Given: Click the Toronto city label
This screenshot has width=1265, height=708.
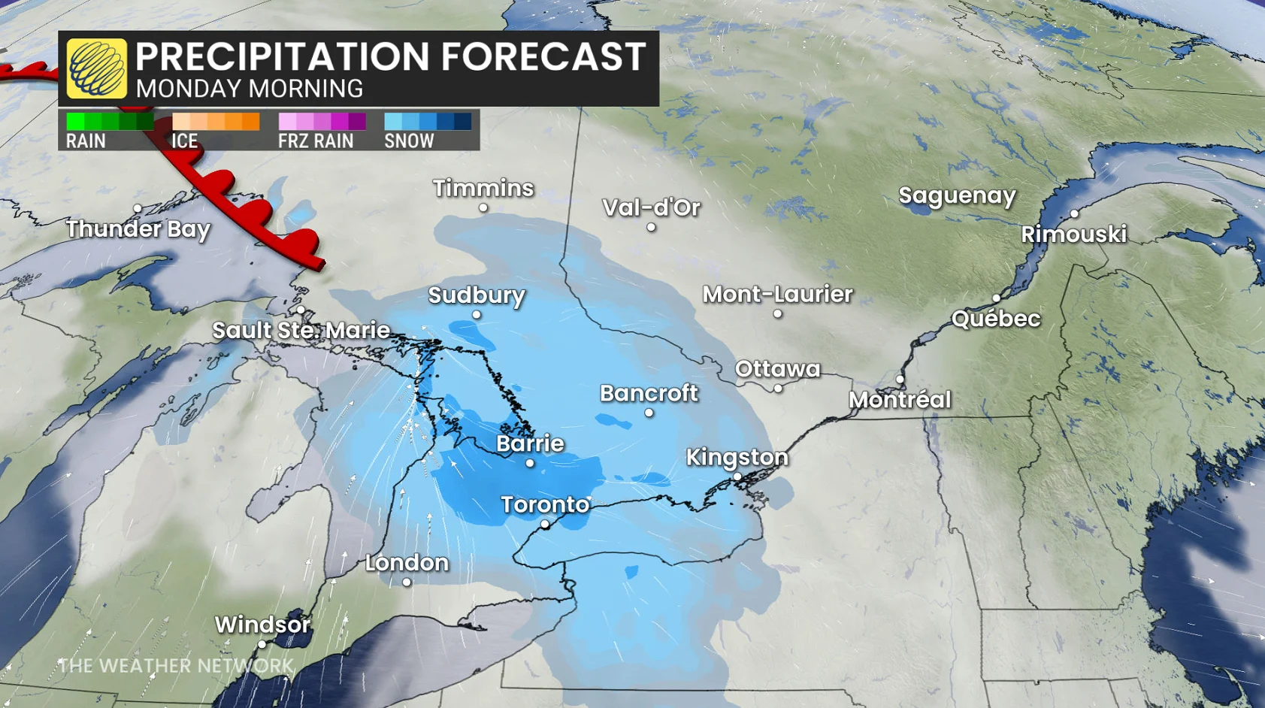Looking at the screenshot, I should (545, 504).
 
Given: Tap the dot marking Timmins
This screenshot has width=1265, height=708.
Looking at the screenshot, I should (483, 208).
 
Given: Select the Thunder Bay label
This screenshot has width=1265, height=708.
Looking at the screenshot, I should (138, 228).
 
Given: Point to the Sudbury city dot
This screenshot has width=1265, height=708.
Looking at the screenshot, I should (477, 315).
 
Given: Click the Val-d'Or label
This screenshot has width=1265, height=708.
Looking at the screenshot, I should (651, 207).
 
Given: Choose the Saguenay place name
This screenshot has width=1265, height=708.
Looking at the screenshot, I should (957, 195).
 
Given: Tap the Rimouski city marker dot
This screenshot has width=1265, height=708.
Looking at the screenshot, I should (1075, 214).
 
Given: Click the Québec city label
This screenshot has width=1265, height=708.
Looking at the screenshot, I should (996, 319).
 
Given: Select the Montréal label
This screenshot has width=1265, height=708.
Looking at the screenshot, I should (900, 400).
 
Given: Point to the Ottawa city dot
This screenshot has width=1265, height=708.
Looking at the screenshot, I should (778, 389).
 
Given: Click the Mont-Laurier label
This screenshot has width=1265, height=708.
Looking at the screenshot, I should (777, 294).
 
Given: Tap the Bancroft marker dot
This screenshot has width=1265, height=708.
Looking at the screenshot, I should (649, 413).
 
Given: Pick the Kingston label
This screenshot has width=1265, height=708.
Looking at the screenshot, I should (737, 457).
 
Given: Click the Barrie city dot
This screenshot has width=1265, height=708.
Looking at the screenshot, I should (530, 463).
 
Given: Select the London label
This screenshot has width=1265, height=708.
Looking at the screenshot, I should (407, 563).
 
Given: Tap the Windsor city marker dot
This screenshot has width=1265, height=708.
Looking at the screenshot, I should (262, 644).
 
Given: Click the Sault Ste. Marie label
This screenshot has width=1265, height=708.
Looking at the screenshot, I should (301, 330).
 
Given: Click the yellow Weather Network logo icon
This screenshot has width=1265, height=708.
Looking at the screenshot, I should (96, 68).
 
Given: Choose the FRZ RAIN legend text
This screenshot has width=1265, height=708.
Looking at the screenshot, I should (316, 141).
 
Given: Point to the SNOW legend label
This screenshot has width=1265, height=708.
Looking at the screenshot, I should (409, 141).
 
